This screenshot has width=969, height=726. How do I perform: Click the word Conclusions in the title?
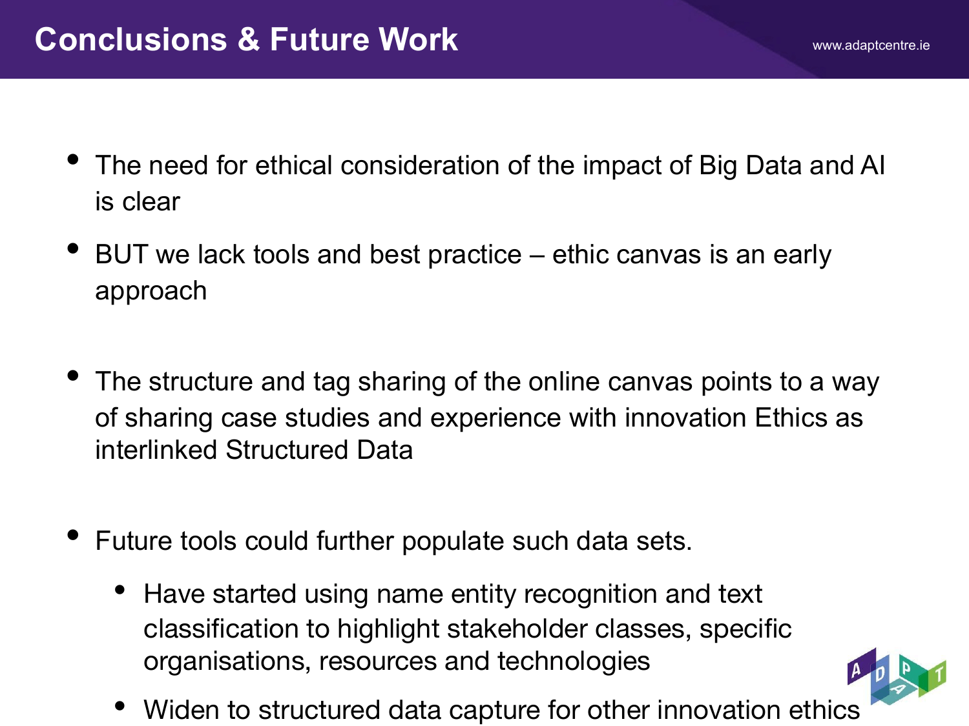[x=130, y=39]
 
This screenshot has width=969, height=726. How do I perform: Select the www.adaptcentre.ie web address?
[x=871, y=45]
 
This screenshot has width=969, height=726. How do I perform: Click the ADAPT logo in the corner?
[x=897, y=676]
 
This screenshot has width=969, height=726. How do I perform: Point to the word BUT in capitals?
[x=121, y=254]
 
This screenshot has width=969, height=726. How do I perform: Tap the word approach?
[x=151, y=292]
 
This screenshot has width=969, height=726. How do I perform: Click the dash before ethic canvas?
[x=537, y=256]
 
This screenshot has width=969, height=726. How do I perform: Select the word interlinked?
[x=156, y=450]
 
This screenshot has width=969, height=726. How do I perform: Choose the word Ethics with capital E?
[x=791, y=418]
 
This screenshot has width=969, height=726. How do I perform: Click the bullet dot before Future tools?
[x=73, y=535]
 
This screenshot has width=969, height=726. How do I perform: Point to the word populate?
[x=452, y=541]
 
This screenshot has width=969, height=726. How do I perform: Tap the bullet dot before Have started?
[x=120, y=590]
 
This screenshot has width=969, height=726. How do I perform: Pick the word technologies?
[x=574, y=661]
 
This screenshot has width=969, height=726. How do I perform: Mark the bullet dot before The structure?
[x=73, y=376]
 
